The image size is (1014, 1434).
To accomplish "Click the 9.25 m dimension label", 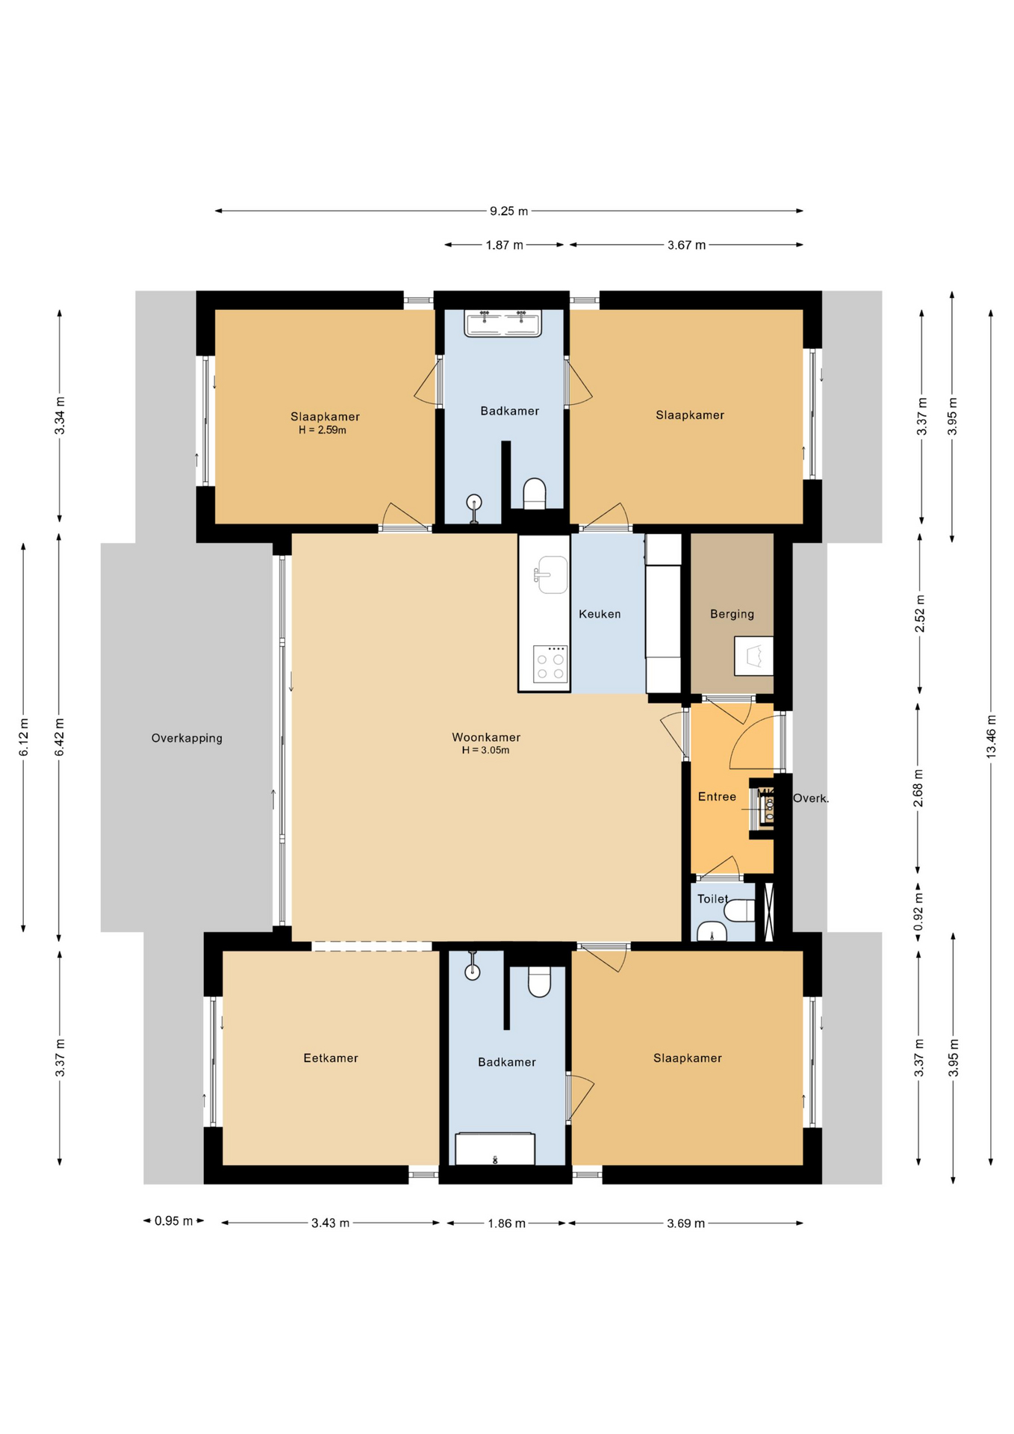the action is tap(508, 211).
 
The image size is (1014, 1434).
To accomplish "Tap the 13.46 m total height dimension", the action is tap(991, 736).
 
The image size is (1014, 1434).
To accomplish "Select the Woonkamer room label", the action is tap(486, 737).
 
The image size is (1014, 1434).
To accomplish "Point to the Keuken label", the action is tap(600, 614).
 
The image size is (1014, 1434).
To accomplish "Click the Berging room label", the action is tap(732, 614).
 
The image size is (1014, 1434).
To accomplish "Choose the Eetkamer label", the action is tap(331, 1058).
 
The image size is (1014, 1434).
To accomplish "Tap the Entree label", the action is tap(717, 797).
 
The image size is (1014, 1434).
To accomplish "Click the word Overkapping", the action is tap(187, 738).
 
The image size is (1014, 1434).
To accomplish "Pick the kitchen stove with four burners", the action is tap(550, 664).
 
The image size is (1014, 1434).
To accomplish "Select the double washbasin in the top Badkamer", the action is tap(503, 323).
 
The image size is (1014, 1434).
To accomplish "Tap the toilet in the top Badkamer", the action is tap(535, 494).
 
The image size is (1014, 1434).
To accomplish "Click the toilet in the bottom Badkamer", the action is tap(539, 981).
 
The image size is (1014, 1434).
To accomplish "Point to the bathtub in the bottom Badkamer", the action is tap(495, 1149).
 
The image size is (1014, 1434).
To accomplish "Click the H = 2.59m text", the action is tap(323, 430).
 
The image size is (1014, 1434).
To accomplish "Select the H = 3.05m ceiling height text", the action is tap(485, 751).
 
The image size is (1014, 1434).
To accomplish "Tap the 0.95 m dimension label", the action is tap(173, 1221).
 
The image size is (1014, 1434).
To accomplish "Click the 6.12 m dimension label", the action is tap(24, 737).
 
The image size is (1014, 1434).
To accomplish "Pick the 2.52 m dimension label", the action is tap(920, 614).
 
